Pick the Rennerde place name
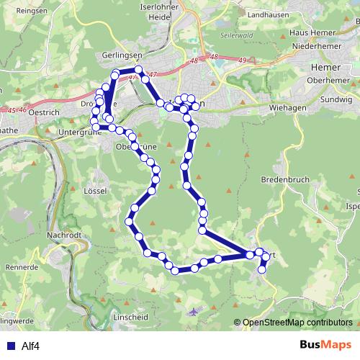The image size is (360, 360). pyautogui.click(x=22, y=266)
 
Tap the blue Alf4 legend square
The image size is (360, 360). pyautogui.click(x=10, y=346)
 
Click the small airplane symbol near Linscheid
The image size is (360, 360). pyautogui.click(x=194, y=312)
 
